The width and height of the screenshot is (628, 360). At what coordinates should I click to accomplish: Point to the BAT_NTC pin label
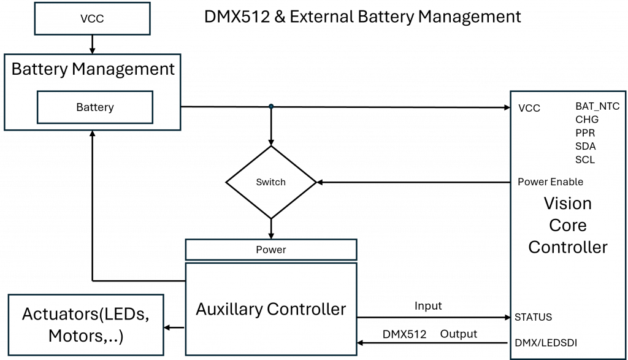click(597, 106)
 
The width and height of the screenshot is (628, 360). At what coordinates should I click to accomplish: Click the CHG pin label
click(587, 120)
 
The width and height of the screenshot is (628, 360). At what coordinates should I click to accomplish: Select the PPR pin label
click(585, 132)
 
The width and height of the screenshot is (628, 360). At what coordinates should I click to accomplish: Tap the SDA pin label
click(586, 146)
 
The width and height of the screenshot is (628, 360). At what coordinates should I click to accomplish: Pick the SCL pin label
click(584, 159)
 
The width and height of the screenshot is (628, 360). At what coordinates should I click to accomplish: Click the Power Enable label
click(550, 182)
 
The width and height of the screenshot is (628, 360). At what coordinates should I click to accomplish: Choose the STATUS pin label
click(533, 317)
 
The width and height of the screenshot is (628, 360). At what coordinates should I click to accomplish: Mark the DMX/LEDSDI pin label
click(546, 343)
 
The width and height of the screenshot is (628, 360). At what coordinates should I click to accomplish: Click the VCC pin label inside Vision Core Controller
click(529, 108)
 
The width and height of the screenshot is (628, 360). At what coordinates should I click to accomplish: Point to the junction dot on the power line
click(271, 107)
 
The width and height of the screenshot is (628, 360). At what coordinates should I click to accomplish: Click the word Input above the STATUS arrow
click(428, 306)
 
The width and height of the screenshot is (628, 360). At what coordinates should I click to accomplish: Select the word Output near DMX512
click(459, 334)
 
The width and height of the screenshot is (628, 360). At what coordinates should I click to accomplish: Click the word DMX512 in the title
click(237, 17)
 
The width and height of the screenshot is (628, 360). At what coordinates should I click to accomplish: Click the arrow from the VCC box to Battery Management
click(92, 44)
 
